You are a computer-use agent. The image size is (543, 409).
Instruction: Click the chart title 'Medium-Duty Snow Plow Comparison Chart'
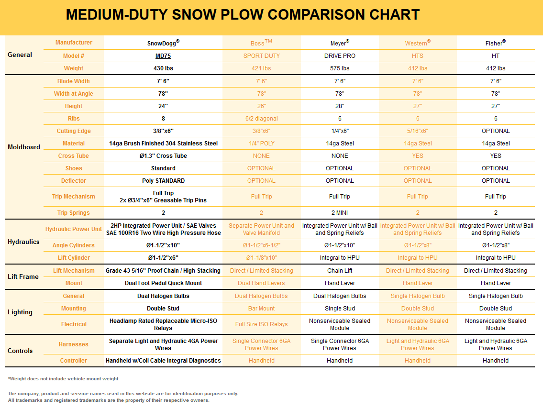click(243, 15)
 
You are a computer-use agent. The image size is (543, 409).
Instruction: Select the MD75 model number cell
click(163, 56)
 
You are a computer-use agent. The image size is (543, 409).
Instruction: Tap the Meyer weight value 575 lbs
click(340, 68)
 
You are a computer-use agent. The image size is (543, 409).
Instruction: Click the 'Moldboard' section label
click(24, 147)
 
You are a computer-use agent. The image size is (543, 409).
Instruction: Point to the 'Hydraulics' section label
click(23, 242)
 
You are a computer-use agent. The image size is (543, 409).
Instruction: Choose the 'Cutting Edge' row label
click(74, 131)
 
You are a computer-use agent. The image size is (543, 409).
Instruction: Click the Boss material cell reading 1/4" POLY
click(261, 144)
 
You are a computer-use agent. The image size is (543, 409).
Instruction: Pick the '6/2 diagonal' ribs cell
click(261, 119)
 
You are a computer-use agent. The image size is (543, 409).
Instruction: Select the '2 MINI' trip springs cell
click(340, 213)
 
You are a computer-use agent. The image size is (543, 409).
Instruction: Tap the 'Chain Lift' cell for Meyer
click(340, 271)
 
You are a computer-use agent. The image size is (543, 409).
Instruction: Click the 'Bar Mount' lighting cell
click(261, 309)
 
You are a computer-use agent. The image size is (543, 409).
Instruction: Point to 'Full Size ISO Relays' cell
click(261, 324)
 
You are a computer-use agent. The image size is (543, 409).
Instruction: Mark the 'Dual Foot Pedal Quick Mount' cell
click(163, 283)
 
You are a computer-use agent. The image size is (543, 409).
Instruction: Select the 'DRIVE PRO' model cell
click(340, 56)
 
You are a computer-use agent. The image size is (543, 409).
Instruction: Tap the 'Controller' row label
click(74, 361)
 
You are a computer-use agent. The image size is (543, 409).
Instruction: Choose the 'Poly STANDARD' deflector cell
click(163, 181)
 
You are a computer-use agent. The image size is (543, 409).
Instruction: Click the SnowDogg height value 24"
click(163, 106)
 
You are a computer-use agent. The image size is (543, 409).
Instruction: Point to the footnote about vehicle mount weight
click(63, 379)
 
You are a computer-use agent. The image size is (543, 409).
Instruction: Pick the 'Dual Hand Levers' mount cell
click(261, 283)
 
